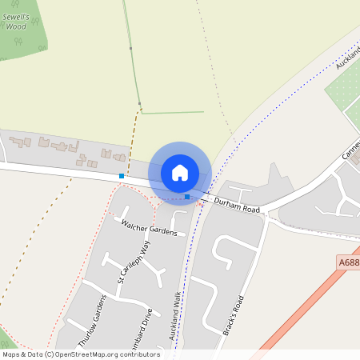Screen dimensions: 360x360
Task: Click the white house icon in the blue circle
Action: pos(180,173)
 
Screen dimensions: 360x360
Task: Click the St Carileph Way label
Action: pos(134,263)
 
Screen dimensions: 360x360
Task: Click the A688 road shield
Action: pos(349,262)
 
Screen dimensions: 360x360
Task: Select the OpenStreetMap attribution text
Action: pos(80,354)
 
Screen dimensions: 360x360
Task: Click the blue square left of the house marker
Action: pos(122,175)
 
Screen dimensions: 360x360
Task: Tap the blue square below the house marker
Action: pos(187,196)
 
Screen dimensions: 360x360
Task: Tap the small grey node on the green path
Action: pos(139,104)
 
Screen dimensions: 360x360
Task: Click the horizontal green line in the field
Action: pos(172,112)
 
